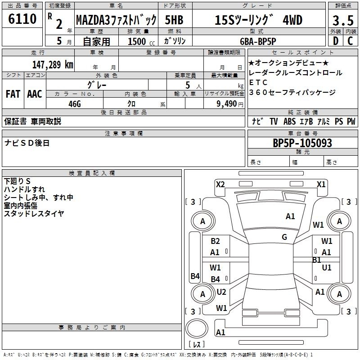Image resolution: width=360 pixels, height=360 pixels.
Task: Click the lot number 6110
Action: click(x=22, y=19)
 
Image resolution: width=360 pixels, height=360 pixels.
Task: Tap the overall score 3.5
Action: click(x=343, y=21)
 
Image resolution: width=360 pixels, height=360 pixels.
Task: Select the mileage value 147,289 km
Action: click(x=53, y=64)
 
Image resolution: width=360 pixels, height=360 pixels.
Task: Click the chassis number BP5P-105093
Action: click(x=302, y=143)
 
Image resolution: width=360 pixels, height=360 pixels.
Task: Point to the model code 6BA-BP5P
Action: click(x=258, y=41)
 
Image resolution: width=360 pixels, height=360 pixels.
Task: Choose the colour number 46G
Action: click(x=75, y=104)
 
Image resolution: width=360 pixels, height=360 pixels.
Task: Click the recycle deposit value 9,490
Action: click(x=227, y=104)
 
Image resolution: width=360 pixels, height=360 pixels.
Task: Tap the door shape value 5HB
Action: click(x=174, y=20)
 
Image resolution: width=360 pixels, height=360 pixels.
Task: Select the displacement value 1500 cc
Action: click(x=141, y=42)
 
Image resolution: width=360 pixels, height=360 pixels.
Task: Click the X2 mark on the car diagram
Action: click(x=220, y=184)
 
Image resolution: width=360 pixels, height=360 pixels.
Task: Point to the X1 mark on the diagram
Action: click(x=321, y=184)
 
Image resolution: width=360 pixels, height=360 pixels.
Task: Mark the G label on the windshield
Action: click(x=284, y=237)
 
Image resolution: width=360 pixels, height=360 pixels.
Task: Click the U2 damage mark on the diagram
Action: click(x=221, y=292)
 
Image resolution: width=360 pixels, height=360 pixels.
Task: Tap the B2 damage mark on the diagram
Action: click(x=215, y=241)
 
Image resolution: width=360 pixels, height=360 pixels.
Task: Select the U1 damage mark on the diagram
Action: click(x=327, y=268)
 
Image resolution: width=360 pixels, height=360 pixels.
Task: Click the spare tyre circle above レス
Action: click(x=197, y=328)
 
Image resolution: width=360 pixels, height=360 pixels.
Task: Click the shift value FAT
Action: click(x=13, y=94)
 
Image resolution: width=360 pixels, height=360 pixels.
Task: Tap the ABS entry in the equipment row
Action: click(x=289, y=121)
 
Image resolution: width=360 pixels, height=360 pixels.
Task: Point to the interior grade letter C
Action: click(x=350, y=41)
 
